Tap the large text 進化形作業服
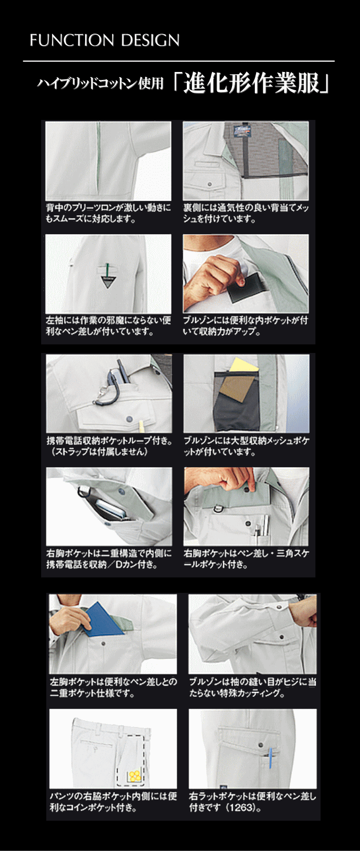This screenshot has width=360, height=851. point(251,83)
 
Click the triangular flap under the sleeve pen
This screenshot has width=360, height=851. point(107,282)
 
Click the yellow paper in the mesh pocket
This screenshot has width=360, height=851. point(243,365)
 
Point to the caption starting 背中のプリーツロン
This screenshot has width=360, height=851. point(109,213)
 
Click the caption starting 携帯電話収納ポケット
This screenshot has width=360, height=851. point(109,446)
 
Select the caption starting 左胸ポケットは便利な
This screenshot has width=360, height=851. point(113,687)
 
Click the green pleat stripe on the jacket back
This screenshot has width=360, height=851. point(98,159)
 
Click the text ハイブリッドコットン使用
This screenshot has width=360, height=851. point(100,83)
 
